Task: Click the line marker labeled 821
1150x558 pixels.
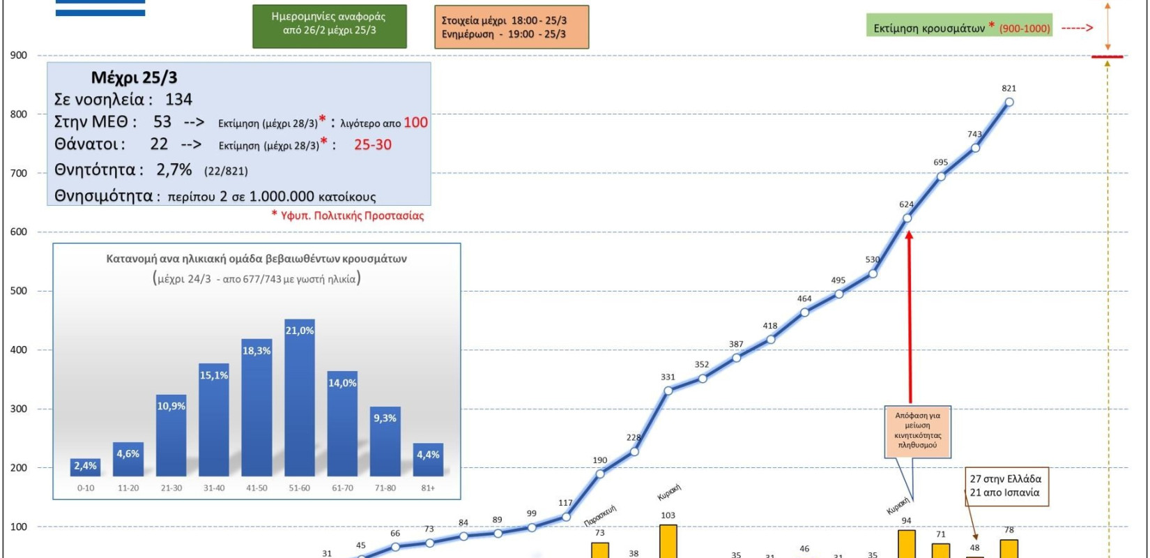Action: [x=1009, y=102]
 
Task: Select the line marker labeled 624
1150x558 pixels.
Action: [x=907, y=218]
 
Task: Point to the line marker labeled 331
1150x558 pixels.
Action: [x=668, y=391]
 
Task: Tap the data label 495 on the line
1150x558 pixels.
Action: [x=838, y=280]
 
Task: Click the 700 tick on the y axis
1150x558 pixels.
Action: [x=18, y=174]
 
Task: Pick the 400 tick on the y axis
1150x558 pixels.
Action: [x=18, y=350]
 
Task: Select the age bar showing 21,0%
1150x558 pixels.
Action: [x=300, y=398]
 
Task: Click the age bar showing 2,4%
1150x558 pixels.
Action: [x=85, y=467]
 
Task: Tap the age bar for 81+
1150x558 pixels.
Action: [x=428, y=460]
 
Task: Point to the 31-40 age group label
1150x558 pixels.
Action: [x=214, y=488]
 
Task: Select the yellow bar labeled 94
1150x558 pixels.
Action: [x=907, y=544]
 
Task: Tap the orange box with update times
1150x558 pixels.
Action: [x=511, y=27]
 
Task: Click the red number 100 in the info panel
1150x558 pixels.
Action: [x=415, y=123]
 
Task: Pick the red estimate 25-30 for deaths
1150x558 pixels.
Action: [x=373, y=145]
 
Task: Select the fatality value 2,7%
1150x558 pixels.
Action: [x=174, y=169]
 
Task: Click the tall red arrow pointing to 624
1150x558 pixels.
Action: [x=909, y=314]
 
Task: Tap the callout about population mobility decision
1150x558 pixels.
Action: [x=918, y=430]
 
